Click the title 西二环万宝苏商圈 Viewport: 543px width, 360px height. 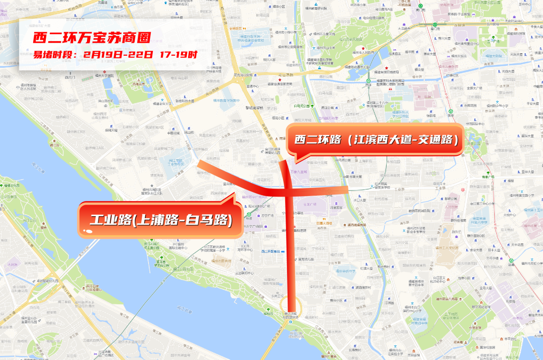[92, 38]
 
